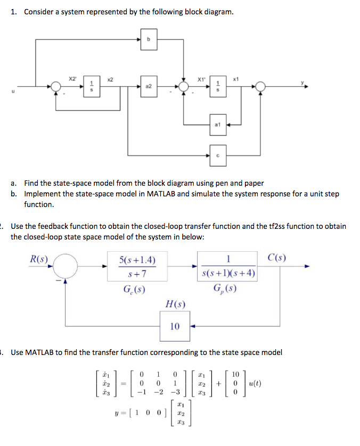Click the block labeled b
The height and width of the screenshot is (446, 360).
click(150, 39)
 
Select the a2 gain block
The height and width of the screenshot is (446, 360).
click(149, 86)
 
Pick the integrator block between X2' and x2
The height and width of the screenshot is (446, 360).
click(92, 86)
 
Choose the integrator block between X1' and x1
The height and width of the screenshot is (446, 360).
click(217, 86)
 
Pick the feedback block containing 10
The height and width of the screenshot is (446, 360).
click(175, 326)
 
